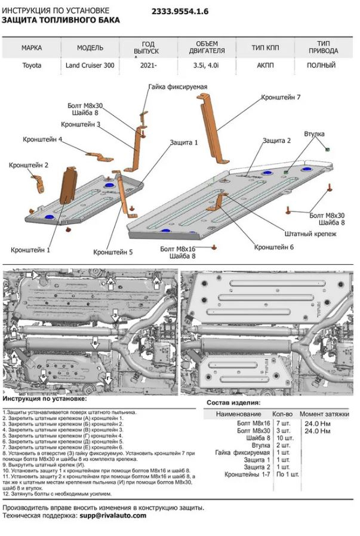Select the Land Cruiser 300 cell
[90, 66]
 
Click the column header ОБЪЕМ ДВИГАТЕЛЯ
[207, 48]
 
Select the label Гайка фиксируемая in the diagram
[177, 87]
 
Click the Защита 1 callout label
[183, 143]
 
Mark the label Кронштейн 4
[42, 139]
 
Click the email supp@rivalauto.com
[113, 515]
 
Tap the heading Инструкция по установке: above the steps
[44, 398]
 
